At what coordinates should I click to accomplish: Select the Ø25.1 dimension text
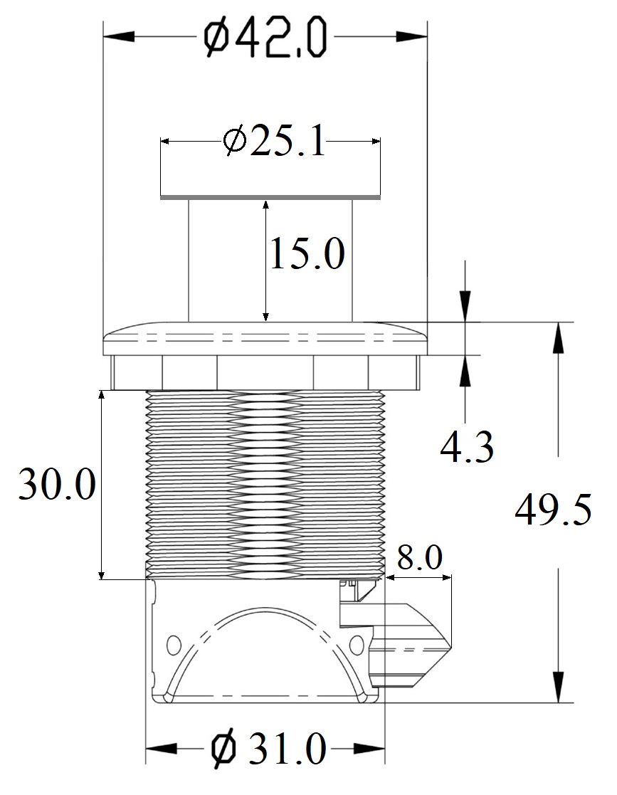pyautogui.click(x=274, y=141)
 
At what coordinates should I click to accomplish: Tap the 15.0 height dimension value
pyautogui.click(x=307, y=253)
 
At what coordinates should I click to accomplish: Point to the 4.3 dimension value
pyautogui.click(x=466, y=448)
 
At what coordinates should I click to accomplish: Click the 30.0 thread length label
pyautogui.click(x=58, y=484)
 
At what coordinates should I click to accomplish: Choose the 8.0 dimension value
pyautogui.click(x=419, y=557)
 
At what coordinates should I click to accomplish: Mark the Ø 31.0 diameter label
pyautogui.click(x=268, y=748)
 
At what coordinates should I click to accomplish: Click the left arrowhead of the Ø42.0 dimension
pyautogui.click(x=119, y=36)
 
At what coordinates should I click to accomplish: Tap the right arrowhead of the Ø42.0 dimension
pyautogui.click(x=411, y=36)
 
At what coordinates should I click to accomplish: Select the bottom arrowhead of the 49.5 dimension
pyautogui.click(x=558, y=687)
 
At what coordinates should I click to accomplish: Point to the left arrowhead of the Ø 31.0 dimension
pyautogui.click(x=162, y=749)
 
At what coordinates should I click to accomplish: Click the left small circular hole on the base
pyautogui.click(x=174, y=644)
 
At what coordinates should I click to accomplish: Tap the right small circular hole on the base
pyautogui.click(x=357, y=644)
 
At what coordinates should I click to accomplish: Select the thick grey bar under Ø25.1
pyautogui.click(x=270, y=196)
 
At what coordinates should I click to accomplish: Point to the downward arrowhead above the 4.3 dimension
pyautogui.click(x=465, y=306)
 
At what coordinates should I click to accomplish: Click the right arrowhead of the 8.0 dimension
pyautogui.click(x=444, y=577)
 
